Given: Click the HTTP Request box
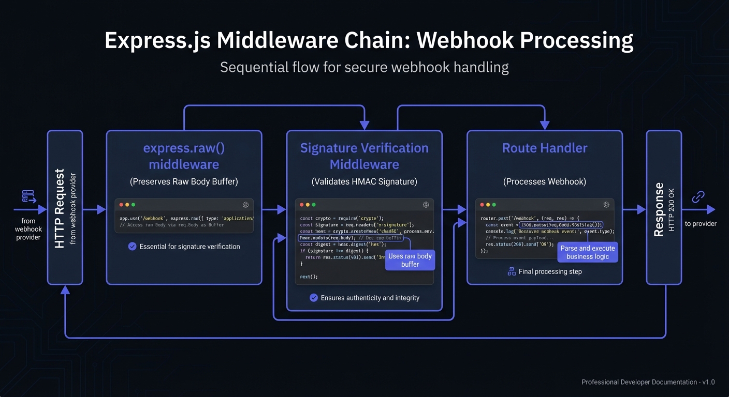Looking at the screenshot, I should (x=65, y=207).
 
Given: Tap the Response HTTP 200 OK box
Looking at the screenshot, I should (x=664, y=207).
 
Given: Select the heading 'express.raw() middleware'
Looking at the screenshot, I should (x=184, y=156).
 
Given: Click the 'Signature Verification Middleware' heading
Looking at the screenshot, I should (x=364, y=156).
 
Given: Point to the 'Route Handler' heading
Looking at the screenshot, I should (x=545, y=148).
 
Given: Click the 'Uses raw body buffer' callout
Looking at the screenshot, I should (x=410, y=260).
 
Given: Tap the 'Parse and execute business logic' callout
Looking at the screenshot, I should (x=587, y=252).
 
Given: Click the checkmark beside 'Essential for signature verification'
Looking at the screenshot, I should (x=132, y=247).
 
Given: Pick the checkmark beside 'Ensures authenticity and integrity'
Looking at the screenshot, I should (x=313, y=298).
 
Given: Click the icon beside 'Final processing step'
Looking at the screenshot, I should (x=512, y=271).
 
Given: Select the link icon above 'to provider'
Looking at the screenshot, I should (x=698, y=197).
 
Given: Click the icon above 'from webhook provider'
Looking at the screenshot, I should (x=28, y=196).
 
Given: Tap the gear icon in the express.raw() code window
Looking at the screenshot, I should (x=245, y=205).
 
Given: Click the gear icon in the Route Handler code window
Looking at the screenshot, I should (x=606, y=205).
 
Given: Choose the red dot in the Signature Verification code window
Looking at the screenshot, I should (x=301, y=205).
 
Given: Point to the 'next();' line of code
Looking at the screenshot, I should (x=309, y=277).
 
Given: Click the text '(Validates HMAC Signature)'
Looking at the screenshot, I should (x=364, y=181).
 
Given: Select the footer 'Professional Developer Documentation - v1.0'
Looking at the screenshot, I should (x=648, y=382).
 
